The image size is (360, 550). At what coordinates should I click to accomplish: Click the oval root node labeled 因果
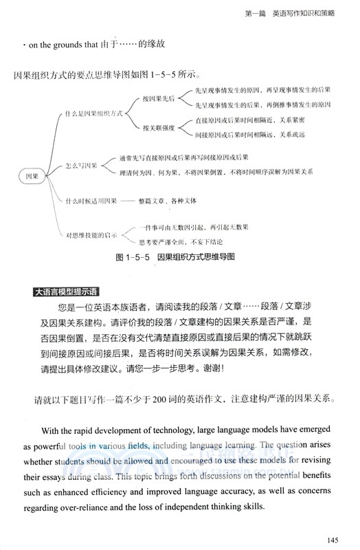[x=32, y=176]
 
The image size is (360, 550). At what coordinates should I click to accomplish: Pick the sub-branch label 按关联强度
[x=159, y=127]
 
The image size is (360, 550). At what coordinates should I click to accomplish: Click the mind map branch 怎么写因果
[x=82, y=166]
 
